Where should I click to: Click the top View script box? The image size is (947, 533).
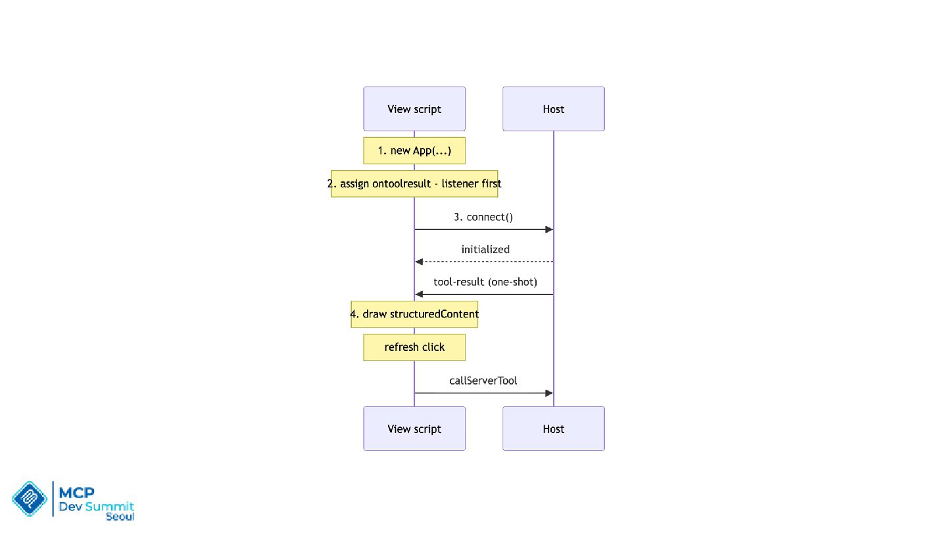click(414, 108)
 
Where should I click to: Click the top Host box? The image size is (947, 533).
click(554, 108)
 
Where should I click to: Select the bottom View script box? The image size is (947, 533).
click(414, 429)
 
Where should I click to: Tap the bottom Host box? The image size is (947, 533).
click(554, 429)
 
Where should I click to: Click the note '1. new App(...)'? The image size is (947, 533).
click(414, 151)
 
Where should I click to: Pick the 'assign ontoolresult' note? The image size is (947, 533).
click(414, 184)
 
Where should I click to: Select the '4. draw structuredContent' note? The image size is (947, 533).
click(414, 314)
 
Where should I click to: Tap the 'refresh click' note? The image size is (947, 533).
click(414, 347)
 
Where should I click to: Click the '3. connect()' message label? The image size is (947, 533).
click(483, 217)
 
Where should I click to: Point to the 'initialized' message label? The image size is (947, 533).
click(485, 249)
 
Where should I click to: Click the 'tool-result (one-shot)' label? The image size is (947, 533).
click(485, 282)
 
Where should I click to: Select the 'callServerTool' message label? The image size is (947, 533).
click(483, 381)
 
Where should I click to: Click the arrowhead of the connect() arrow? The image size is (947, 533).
click(549, 229)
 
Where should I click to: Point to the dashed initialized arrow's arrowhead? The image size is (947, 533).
click(419, 262)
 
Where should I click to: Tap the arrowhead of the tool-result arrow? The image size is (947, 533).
click(419, 294)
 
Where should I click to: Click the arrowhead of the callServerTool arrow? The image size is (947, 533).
click(549, 393)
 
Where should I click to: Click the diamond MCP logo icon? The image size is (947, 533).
click(30, 499)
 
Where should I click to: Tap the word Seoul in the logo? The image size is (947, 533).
click(120, 517)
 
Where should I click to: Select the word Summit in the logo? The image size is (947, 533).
click(109, 506)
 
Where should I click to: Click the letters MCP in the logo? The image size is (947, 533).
click(76, 492)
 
